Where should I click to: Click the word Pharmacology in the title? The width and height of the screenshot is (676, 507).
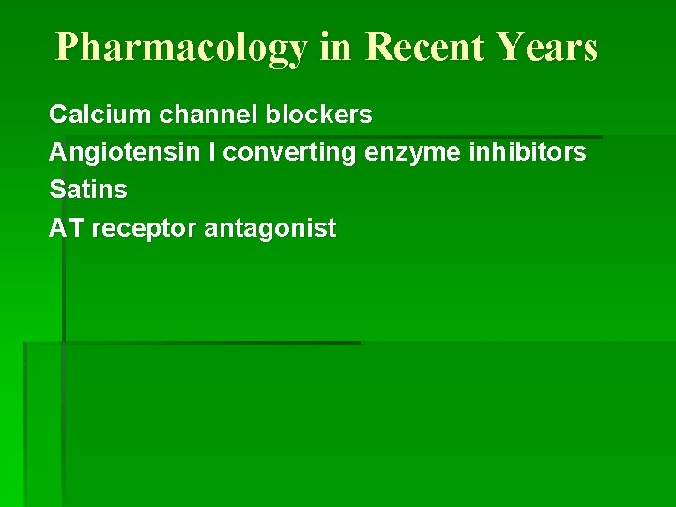pos(180,47)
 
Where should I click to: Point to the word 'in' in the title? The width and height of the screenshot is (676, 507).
pos(334,46)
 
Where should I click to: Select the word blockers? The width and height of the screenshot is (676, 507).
pos(318,115)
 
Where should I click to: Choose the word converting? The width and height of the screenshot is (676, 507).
pos(289,153)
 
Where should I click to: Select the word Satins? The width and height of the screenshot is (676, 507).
pos(87,190)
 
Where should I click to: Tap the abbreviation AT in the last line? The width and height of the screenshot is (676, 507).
pos(67,227)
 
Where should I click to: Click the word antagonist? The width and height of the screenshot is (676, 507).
pos(269,228)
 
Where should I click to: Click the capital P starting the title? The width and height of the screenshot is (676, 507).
pos(68,46)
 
